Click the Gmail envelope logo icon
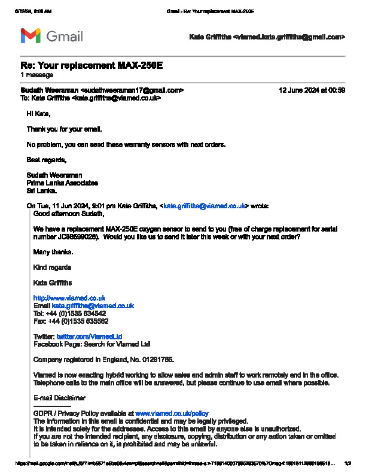pyautogui.click(x=30, y=36)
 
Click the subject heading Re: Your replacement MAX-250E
pyautogui.click(x=83, y=65)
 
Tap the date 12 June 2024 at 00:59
pyautogui.click(x=312, y=90)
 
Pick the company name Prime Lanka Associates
pyautogui.click(x=62, y=183)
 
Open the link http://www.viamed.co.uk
pyautogui.click(x=69, y=297)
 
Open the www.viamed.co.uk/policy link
pyautogui.click(x=172, y=413)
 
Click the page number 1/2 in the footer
pyautogui.click(x=348, y=463)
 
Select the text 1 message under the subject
pyautogui.click(x=37, y=75)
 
